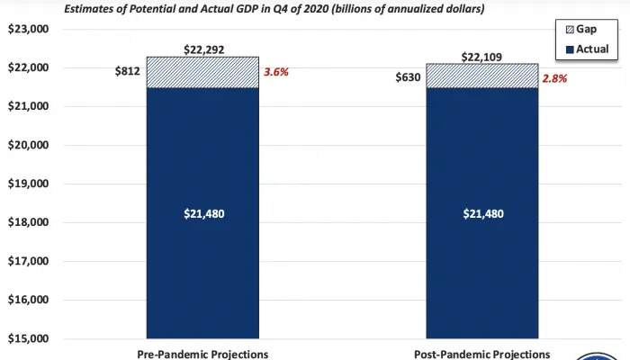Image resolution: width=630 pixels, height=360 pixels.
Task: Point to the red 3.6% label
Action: [279, 73]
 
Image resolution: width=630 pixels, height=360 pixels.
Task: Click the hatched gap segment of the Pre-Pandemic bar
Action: [202, 72]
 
